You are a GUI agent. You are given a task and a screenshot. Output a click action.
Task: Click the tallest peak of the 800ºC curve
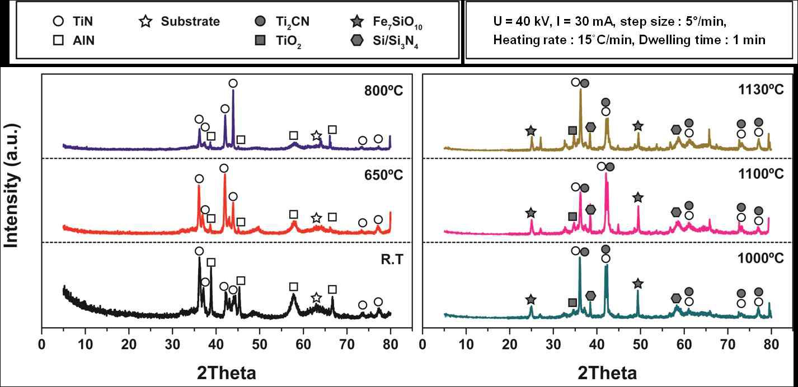(233, 94)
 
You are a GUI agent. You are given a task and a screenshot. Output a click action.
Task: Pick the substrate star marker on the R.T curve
(316, 298)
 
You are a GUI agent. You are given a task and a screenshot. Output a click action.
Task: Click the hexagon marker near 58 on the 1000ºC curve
(677, 298)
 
